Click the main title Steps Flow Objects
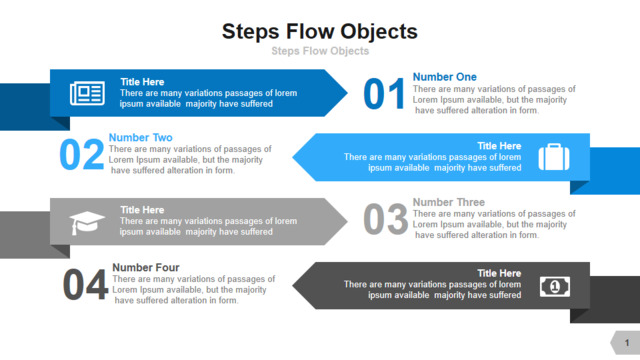320,32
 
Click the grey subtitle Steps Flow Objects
320,51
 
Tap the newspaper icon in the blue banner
87,93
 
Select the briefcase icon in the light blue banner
554,157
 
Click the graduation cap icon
87,223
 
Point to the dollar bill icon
555,287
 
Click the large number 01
384,94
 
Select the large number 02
82,154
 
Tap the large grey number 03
385,220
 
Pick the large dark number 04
85,284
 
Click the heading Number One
444,77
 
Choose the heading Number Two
140,138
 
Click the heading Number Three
449,202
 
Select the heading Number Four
146,267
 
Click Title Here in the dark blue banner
142,82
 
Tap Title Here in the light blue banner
499,146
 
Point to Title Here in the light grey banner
142,210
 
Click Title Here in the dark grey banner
499,273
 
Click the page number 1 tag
626,343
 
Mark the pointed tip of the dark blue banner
347,93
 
